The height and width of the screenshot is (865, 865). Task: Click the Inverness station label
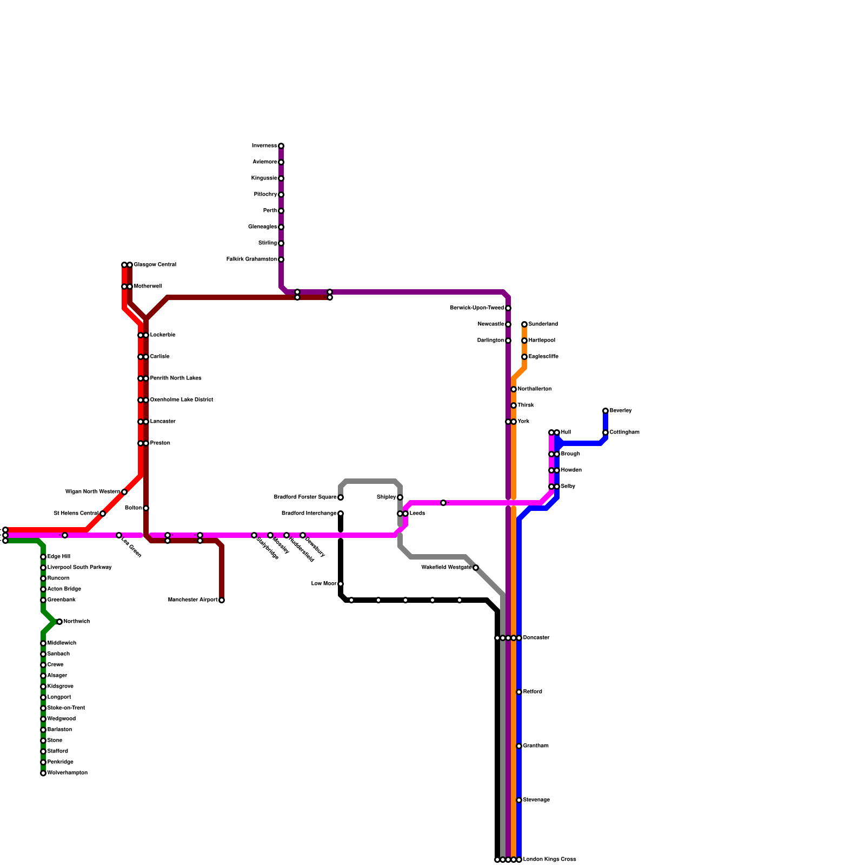(264, 146)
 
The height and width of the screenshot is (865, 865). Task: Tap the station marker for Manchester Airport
(222, 600)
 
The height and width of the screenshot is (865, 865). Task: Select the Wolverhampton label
(68, 773)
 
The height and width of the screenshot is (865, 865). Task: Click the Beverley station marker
(605, 411)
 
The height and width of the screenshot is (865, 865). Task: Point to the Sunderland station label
(543, 324)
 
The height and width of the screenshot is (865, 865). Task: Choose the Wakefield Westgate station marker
(476, 568)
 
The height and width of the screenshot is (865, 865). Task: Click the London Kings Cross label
(550, 860)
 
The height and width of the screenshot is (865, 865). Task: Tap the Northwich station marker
(59, 622)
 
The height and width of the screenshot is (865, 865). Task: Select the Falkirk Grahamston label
(251, 259)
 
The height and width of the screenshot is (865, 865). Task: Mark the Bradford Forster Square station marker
(341, 497)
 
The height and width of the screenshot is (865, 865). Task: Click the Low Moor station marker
(341, 584)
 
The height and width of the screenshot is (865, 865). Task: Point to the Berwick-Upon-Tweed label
(477, 308)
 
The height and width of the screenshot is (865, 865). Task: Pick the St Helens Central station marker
(103, 514)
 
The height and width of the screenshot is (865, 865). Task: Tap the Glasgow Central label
(155, 265)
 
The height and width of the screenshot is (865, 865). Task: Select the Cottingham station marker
(605, 432)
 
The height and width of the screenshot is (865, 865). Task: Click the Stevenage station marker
(519, 800)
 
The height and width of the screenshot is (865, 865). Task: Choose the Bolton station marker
(146, 508)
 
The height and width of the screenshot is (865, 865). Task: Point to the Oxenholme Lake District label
(182, 400)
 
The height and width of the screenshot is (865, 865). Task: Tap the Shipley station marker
(400, 497)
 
